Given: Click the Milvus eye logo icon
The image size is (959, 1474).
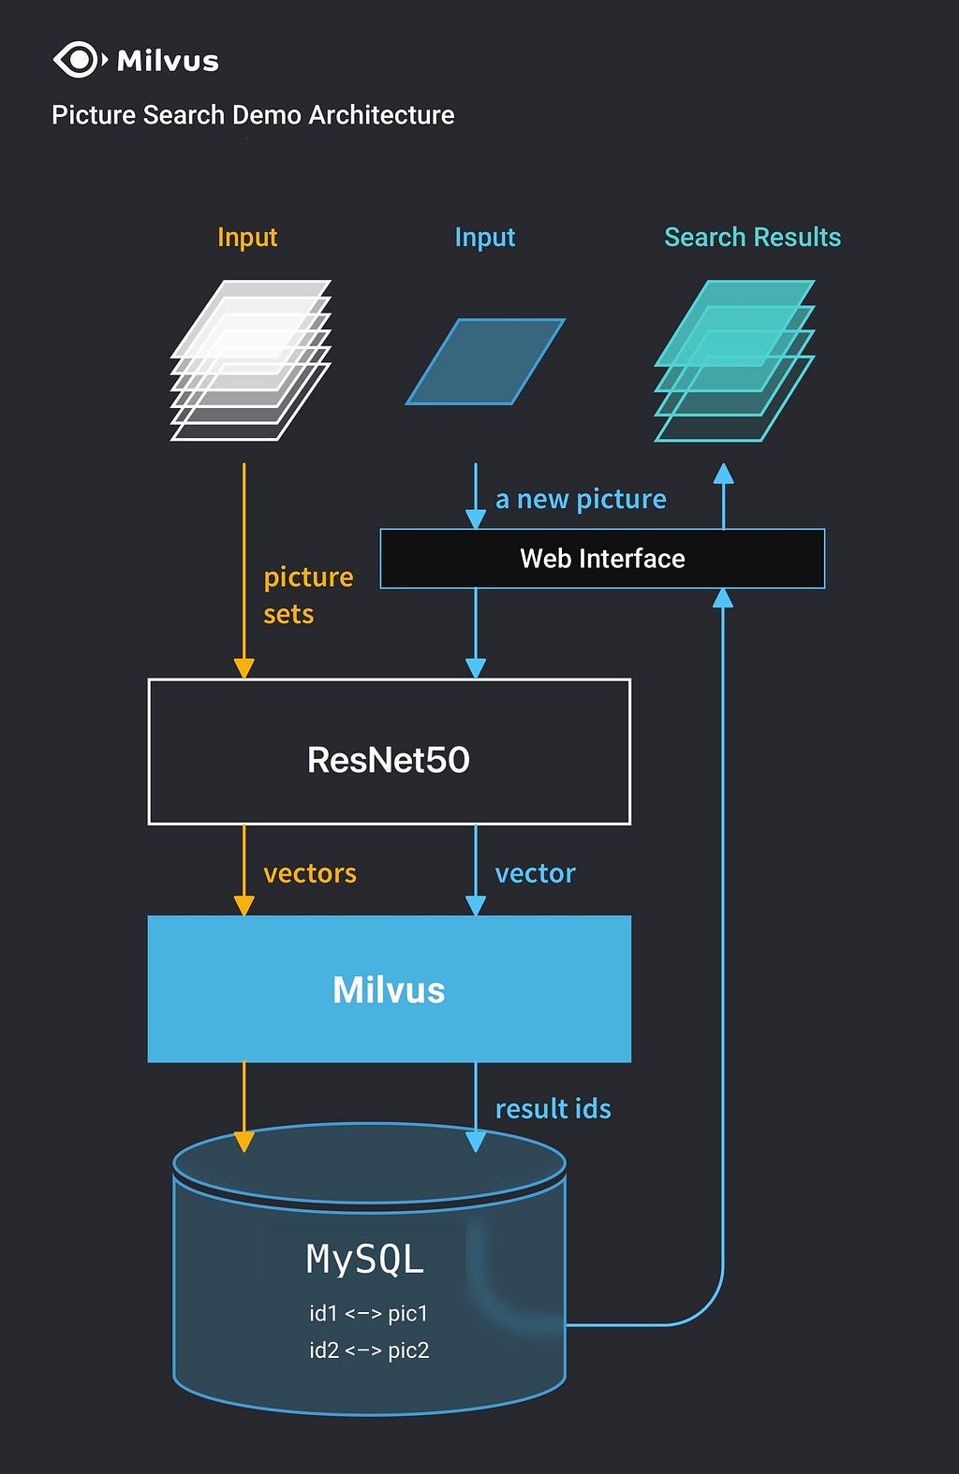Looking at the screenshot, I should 79,60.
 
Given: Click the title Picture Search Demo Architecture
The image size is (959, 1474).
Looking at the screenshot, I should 253,115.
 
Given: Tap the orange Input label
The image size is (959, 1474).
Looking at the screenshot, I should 247,238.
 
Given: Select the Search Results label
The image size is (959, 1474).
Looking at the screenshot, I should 752,238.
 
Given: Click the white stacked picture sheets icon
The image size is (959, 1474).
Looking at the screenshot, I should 250,360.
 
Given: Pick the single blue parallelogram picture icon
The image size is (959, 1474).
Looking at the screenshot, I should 485,361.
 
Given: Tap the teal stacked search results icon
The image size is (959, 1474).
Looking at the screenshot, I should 734,360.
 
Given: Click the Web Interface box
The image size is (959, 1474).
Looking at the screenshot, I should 602,559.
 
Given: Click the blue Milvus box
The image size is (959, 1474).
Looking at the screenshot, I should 389,989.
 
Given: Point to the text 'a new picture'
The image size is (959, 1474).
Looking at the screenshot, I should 581,500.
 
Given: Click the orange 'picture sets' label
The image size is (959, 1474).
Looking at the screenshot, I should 307,595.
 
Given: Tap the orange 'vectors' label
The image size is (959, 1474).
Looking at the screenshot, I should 310,874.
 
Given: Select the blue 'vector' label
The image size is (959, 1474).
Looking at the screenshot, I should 535,874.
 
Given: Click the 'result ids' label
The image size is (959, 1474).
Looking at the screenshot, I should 553,1109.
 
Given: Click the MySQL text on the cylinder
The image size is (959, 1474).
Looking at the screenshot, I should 365,1260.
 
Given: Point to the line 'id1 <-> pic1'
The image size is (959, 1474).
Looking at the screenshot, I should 368,1313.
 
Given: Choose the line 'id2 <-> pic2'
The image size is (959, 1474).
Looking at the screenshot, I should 369,1350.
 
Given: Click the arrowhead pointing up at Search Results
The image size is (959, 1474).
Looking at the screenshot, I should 723,474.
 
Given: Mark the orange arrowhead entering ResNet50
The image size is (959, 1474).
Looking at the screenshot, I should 244,668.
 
